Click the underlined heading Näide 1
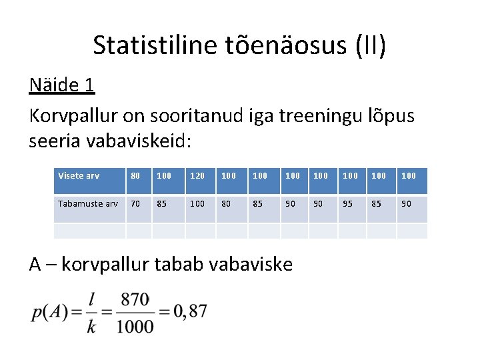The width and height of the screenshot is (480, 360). coord(62,85)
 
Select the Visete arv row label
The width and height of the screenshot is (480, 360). coord(79,176)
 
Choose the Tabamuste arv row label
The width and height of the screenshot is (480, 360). coord(88,203)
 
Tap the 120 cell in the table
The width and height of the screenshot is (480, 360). coord(197,176)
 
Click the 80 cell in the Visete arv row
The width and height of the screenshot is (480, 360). coord(135,176)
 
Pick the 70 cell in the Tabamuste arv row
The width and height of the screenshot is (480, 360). coord(135,203)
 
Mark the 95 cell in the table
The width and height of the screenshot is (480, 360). coord(347,203)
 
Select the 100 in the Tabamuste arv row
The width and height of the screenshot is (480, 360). coord(197,203)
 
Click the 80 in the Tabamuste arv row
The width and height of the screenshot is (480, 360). coord(227,203)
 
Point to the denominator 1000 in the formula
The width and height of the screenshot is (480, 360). coord(137,326)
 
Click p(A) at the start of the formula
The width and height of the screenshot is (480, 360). coord(49,312)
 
